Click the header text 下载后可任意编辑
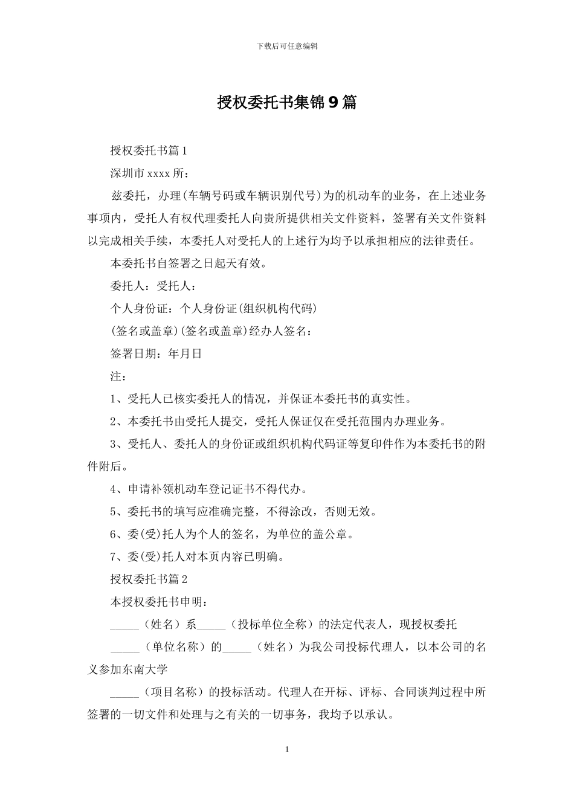287,46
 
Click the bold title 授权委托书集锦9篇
287,103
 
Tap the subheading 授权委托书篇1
150,150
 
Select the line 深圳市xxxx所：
150,173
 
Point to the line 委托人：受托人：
153,286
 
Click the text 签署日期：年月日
156,354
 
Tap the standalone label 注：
118,376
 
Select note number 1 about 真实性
262,399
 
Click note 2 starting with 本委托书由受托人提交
279,422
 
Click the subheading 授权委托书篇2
150,579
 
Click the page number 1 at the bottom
287,750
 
